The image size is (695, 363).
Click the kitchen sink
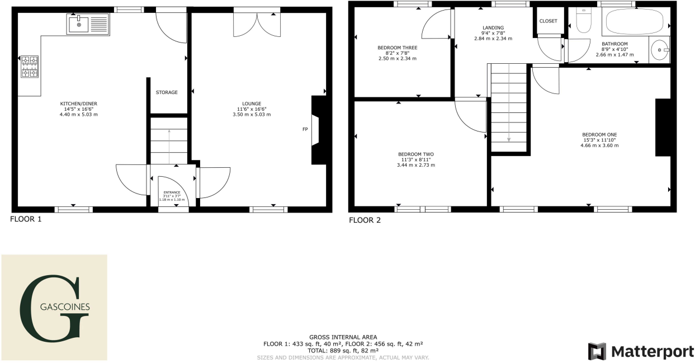tap(88, 25)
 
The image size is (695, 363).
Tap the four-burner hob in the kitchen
tap(30, 67)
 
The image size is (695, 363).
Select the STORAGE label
tap(167, 92)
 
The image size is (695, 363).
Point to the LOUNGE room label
tap(252, 103)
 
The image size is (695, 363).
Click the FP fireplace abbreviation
tap(305, 129)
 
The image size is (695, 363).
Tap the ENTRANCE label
tap(173, 192)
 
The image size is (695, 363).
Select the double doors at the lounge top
tap(257, 24)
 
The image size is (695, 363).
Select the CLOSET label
tap(548, 21)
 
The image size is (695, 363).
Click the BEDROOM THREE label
tap(397, 48)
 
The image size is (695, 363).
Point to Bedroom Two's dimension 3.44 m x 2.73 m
tap(415, 165)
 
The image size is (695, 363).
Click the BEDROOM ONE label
tap(599, 134)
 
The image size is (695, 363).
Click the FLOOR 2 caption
tap(365, 220)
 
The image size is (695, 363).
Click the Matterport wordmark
tap(650, 351)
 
